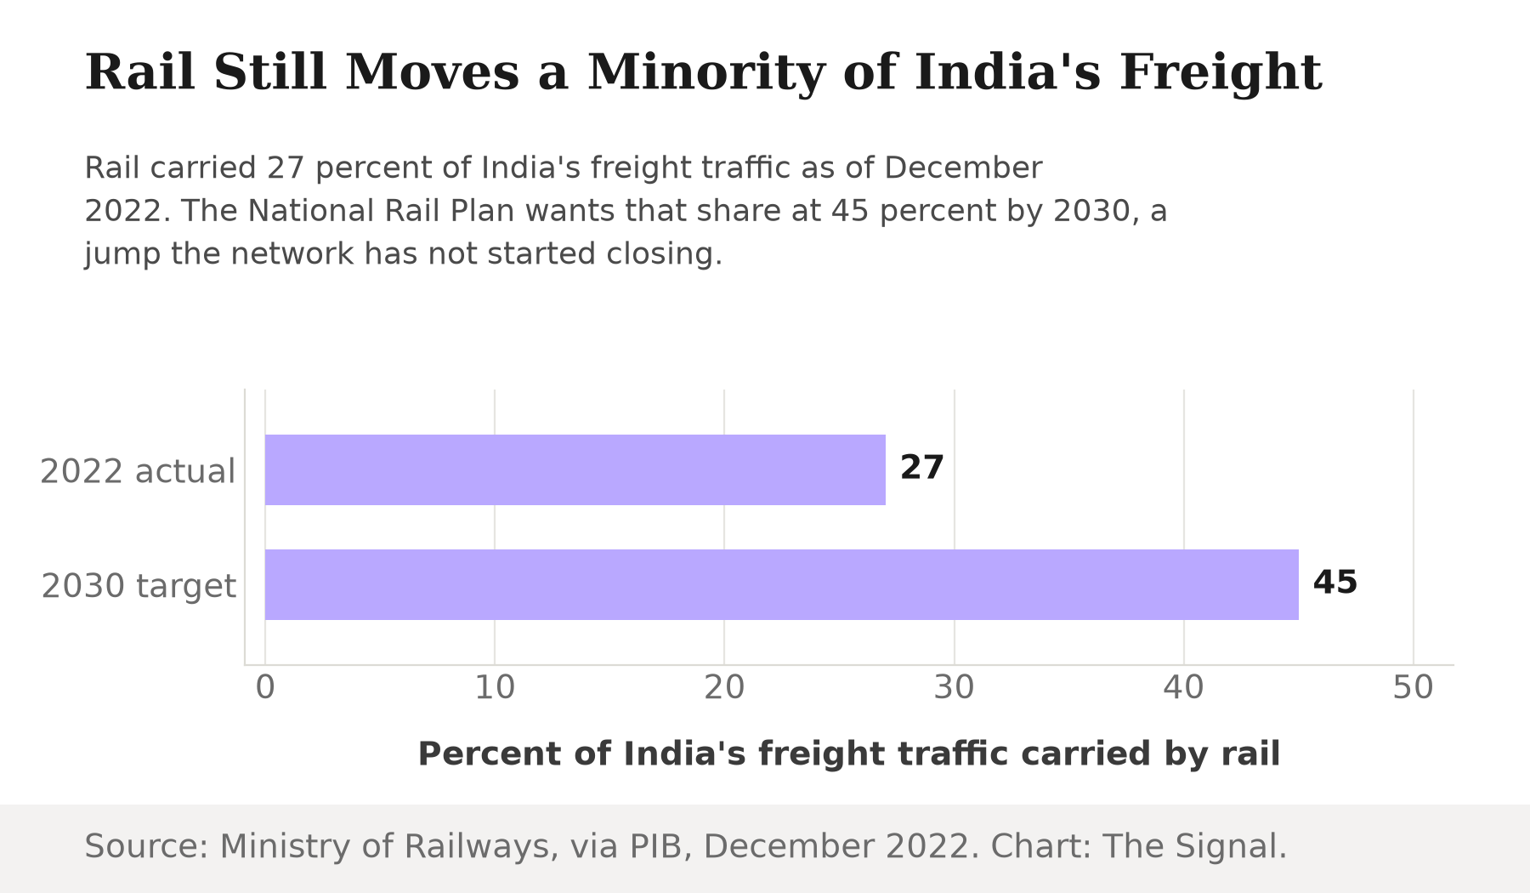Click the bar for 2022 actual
[x=575, y=469]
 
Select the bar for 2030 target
[x=782, y=584]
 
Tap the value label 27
[x=922, y=468]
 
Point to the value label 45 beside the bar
[x=1335, y=583]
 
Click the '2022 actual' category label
[x=138, y=471]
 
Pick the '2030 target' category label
[x=139, y=586]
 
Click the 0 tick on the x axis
[x=265, y=687]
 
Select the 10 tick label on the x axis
[x=495, y=687]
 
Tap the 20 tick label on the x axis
[x=724, y=687]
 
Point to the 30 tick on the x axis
[x=954, y=687]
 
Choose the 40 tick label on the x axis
[x=1184, y=687]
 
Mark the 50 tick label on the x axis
[x=1414, y=687]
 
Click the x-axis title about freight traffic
[x=849, y=754]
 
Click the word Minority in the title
[x=706, y=72]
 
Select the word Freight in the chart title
[x=1221, y=72]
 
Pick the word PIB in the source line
[x=656, y=847]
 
